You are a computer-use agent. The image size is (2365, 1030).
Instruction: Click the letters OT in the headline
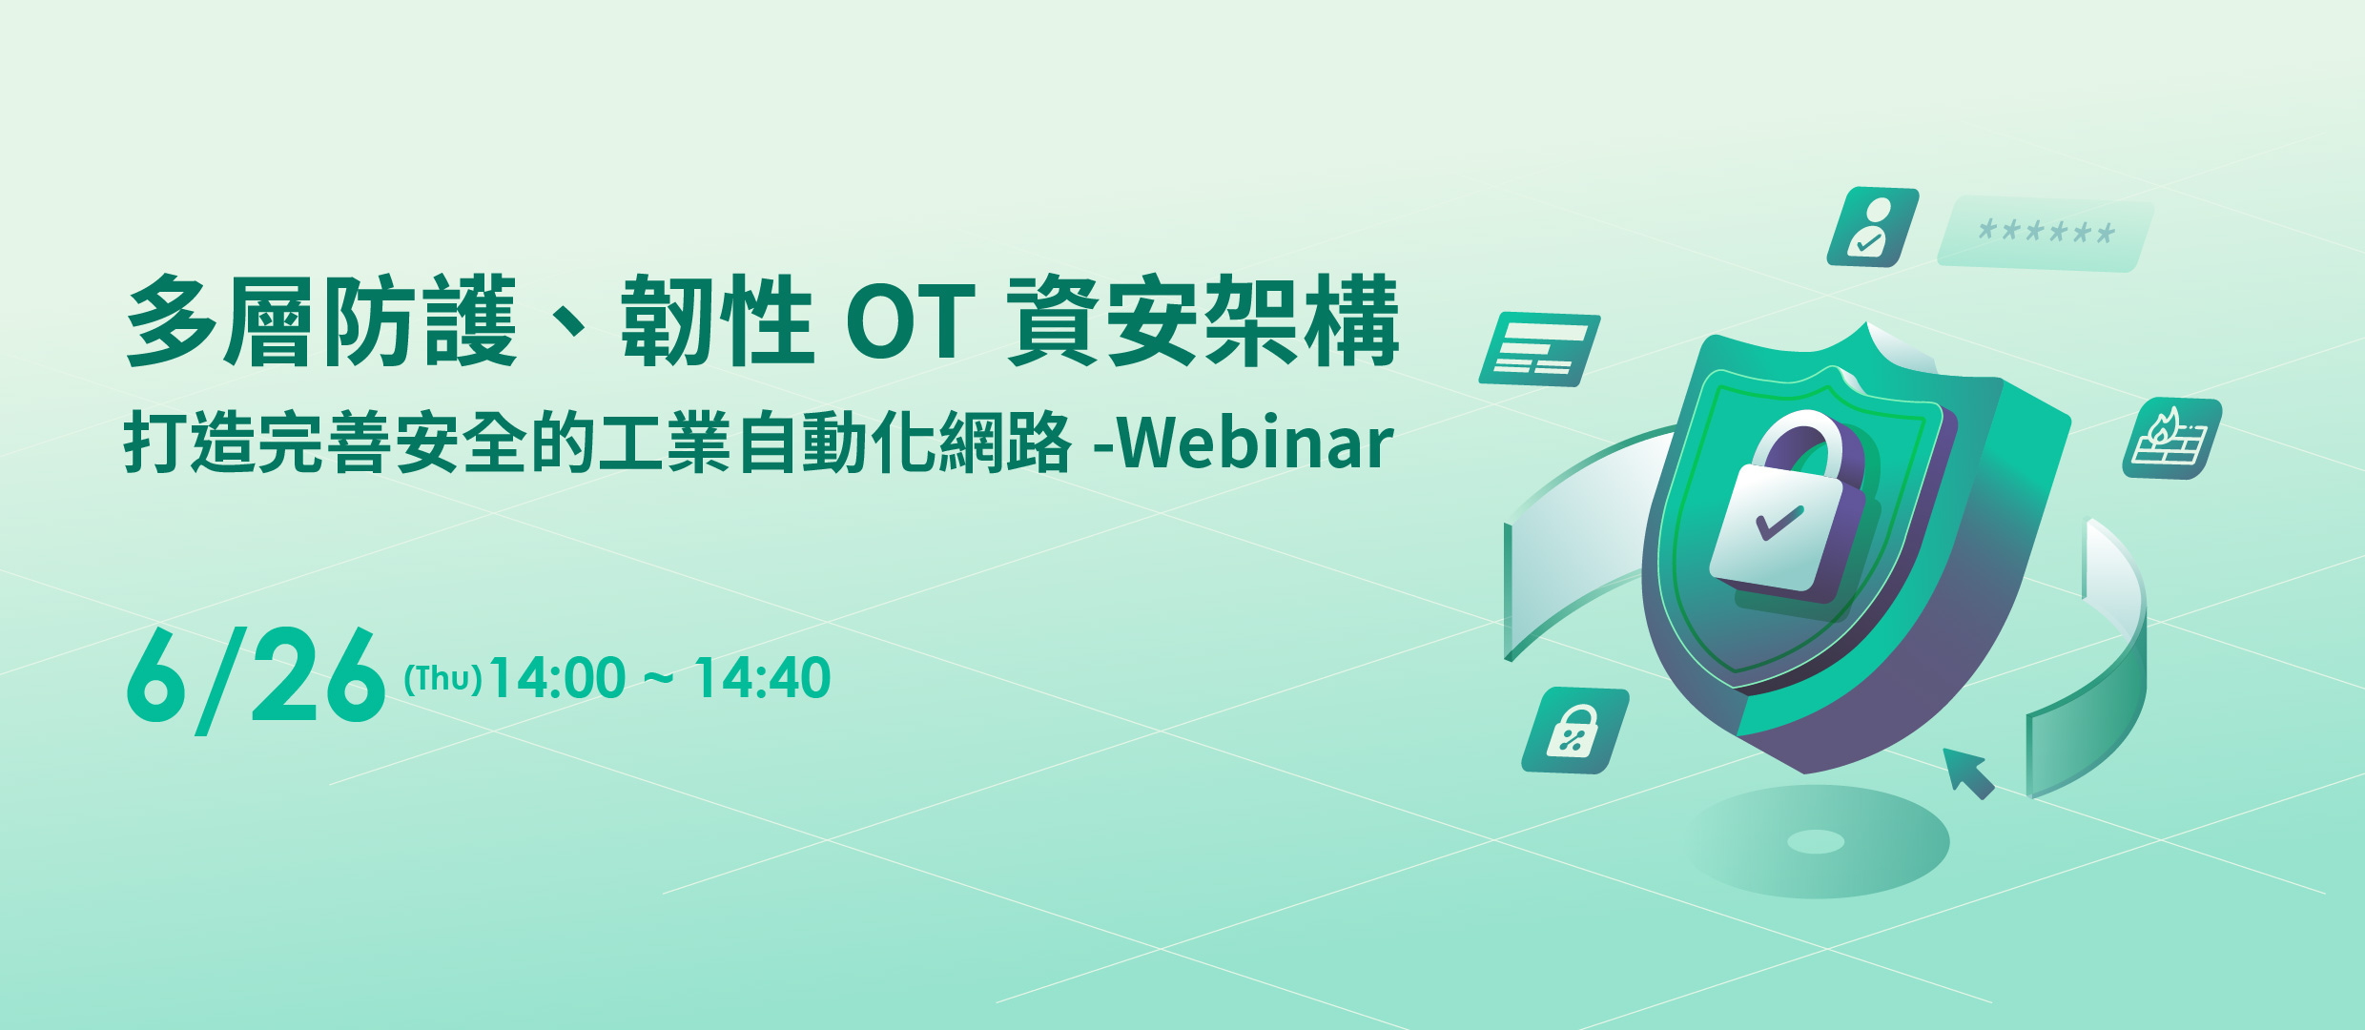(911, 320)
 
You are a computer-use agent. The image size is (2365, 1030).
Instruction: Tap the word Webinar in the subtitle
(1255, 443)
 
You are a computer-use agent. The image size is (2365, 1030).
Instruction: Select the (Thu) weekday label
(442, 679)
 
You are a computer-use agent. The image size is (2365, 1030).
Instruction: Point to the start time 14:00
(557, 678)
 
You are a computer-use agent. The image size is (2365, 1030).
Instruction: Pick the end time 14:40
(762, 678)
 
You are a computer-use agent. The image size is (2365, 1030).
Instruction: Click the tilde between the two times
(659, 679)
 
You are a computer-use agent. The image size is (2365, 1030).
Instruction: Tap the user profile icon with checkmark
(1872, 227)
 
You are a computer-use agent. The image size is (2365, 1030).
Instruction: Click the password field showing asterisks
(2046, 234)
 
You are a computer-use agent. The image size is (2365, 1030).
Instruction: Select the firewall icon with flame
(2171, 439)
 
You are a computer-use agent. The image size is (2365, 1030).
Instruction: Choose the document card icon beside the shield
(1539, 349)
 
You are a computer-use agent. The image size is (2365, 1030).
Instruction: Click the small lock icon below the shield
(1574, 731)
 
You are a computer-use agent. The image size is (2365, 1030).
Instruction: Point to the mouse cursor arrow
(1968, 773)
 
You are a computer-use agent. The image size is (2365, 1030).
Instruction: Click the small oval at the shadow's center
(1816, 841)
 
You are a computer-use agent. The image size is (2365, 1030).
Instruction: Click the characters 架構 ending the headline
(1303, 320)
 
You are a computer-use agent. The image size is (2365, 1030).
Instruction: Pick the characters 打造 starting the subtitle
(189, 443)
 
